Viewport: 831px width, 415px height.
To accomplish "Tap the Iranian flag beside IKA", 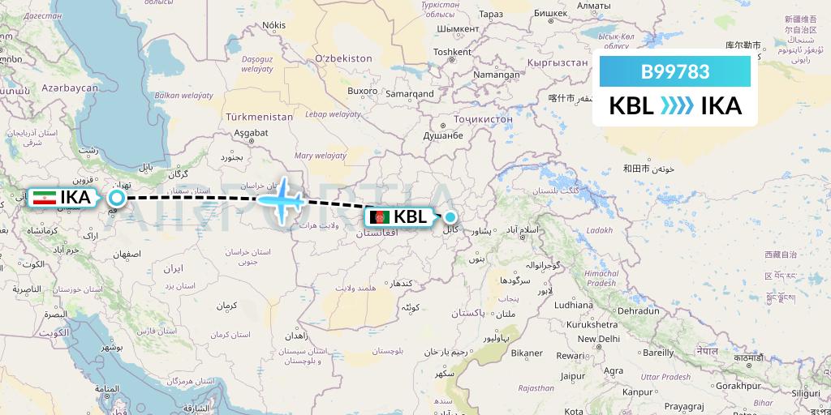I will pos(45,196).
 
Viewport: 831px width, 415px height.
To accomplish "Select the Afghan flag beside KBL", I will pos(379,217).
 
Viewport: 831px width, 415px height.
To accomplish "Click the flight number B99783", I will pos(675,71).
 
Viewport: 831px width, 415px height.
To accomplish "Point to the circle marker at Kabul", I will pos(450,216).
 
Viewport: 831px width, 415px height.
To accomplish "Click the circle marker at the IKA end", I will pos(117,197).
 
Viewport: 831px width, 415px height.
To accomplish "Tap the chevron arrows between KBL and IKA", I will pos(676,106).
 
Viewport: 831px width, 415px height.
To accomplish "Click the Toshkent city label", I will pos(452,52).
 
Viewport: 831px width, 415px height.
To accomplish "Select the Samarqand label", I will pos(410,94).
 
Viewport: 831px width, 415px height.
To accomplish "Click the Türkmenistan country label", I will pos(259,117).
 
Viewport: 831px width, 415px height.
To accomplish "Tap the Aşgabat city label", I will pos(251,132).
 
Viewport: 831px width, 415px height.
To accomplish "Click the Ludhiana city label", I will pos(573,306).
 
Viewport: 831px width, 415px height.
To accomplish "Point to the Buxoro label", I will pos(363,91).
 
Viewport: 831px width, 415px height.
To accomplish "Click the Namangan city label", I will pos(497,75).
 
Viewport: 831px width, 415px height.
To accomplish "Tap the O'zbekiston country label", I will pos(343,58).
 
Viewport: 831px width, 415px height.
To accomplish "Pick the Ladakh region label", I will pos(601,230).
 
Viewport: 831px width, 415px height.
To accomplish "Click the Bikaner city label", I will pos(527,353).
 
